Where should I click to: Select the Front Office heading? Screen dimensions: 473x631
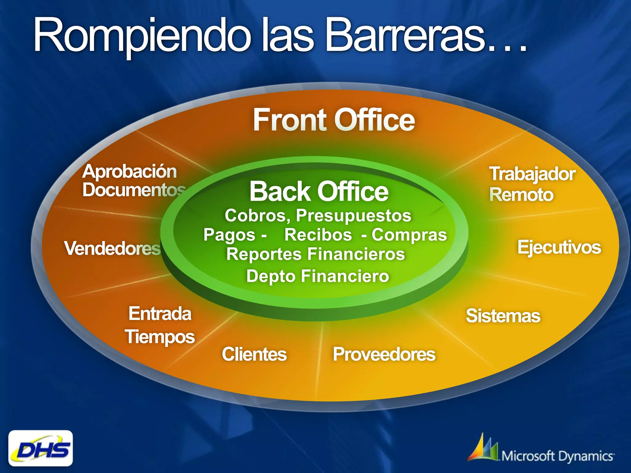click(334, 120)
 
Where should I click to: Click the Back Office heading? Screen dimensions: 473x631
click(319, 192)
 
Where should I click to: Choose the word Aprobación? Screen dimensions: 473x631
click(129, 172)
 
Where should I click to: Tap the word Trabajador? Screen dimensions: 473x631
click(532, 174)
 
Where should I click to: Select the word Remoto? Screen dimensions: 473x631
click(521, 195)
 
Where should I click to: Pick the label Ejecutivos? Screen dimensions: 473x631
click(559, 247)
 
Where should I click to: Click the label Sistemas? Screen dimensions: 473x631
click(503, 316)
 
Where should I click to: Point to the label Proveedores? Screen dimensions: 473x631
click(384, 354)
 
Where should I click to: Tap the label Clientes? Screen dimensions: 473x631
click(254, 354)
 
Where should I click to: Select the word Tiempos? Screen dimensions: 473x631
click(160, 337)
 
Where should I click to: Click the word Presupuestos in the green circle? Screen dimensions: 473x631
click(353, 215)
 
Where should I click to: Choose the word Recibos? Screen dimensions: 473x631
click(318, 235)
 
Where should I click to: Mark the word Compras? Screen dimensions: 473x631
click(409, 235)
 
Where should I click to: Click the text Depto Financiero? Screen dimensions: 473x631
click(317, 276)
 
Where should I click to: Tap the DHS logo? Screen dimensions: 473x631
click(41, 448)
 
